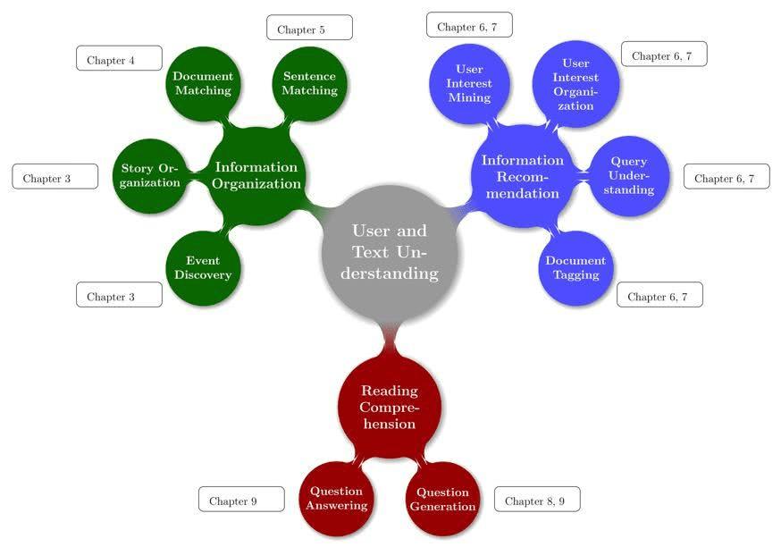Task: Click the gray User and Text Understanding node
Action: [x=390, y=251]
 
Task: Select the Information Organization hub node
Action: [x=256, y=174]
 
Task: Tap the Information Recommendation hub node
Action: [x=523, y=176]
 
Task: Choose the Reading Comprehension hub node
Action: [x=389, y=406]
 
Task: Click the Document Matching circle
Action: [x=203, y=83]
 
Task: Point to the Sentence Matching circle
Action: [x=310, y=83]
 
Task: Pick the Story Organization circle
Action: [x=151, y=175]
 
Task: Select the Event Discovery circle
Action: [x=203, y=268]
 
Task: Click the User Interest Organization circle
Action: [x=575, y=85]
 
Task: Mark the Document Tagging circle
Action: [x=575, y=267]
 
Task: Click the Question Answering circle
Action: [x=336, y=499]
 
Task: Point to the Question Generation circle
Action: [x=442, y=499]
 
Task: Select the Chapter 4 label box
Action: [x=119, y=59]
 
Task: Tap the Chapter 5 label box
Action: [x=309, y=28]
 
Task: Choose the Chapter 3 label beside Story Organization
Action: [x=55, y=177]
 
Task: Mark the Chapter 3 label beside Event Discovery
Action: [x=119, y=295]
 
